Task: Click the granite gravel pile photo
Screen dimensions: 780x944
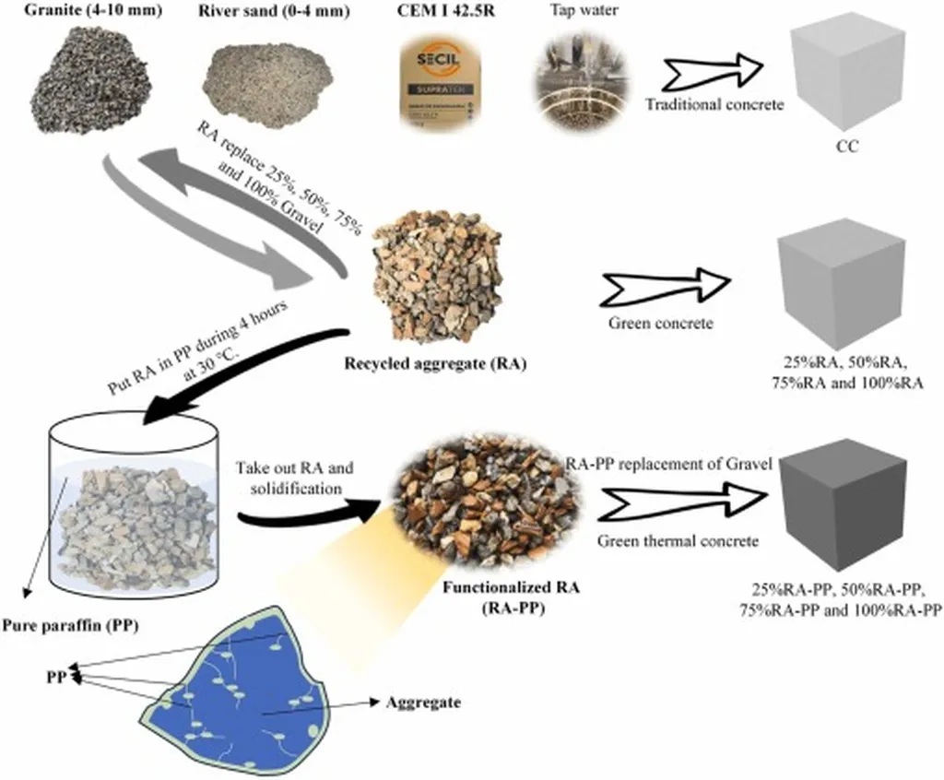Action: [89, 82]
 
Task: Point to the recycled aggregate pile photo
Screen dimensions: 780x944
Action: [436, 278]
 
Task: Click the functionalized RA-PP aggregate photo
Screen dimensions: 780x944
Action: [489, 503]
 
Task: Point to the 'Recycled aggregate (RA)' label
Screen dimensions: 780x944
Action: [435, 362]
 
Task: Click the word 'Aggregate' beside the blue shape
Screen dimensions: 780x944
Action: [423, 702]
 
